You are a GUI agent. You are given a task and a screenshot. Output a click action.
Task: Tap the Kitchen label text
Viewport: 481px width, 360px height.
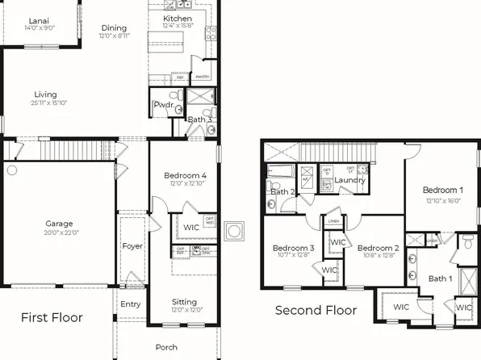(x=178, y=18)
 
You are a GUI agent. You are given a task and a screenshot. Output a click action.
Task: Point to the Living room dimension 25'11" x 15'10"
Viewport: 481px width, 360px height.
(x=49, y=102)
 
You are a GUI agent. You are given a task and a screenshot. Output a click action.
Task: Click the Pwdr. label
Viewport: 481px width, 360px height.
(x=163, y=106)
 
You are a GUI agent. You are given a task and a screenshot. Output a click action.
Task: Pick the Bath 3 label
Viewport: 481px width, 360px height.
(x=199, y=120)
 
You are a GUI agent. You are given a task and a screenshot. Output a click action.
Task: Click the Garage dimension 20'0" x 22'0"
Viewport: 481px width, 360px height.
(x=59, y=232)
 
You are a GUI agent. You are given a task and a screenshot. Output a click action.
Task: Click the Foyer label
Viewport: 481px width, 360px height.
(x=132, y=246)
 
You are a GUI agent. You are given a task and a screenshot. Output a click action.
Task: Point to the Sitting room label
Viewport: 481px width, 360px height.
(x=185, y=302)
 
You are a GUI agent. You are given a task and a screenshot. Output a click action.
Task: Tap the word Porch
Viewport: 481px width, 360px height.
(x=167, y=347)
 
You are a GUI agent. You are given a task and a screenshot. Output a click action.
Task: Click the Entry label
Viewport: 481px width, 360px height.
(x=130, y=303)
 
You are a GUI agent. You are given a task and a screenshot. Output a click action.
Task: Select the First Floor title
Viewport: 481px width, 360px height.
(x=52, y=317)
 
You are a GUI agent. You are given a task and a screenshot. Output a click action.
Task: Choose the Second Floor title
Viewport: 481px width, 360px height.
(x=316, y=310)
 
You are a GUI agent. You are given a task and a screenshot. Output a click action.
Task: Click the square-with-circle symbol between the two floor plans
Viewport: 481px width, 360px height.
(x=234, y=232)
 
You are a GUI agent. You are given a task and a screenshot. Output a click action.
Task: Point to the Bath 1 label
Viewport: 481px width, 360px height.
(x=440, y=278)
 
